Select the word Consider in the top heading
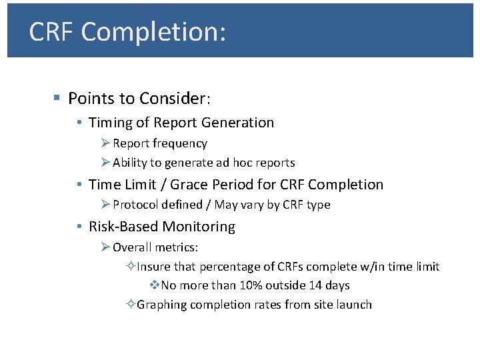pyautogui.click(x=175, y=99)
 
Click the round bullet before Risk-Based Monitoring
pyautogui.click(x=79, y=227)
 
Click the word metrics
pyautogui.click(x=177, y=247)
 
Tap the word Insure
pyautogui.click(x=153, y=267)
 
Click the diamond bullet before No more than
pyautogui.click(x=153, y=285)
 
